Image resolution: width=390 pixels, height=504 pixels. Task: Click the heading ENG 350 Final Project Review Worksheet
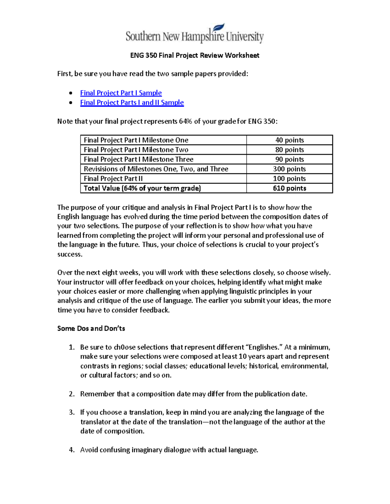point(194,55)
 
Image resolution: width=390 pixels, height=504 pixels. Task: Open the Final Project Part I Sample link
point(121,93)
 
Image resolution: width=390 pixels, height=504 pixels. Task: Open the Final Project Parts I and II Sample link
point(132,103)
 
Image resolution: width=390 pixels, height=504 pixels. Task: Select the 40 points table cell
point(289,140)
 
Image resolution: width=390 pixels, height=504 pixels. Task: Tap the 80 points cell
point(289,150)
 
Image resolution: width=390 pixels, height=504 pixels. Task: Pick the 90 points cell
point(289,159)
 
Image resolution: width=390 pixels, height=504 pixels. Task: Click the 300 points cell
point(289,169)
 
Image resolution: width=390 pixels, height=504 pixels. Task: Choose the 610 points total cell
point(289,188)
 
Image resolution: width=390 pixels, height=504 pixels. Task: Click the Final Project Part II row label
point(113,178)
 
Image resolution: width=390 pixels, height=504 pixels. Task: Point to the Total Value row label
point(142,188)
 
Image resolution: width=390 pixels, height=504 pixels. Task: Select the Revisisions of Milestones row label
point(156,169)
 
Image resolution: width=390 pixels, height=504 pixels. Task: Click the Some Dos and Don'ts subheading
point(91,328)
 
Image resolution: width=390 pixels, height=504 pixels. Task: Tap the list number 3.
point(71,412)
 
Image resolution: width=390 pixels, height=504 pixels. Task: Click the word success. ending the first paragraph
point(70,254)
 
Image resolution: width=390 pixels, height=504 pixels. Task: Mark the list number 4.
point(71,450)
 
